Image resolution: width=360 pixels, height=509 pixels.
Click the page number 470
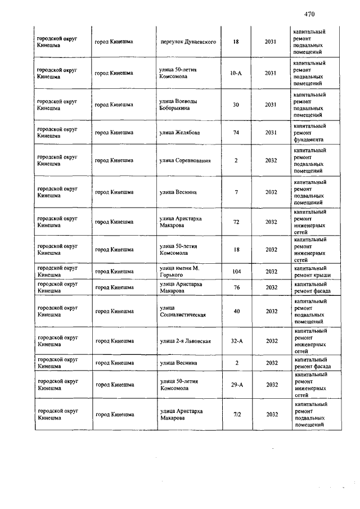[309, 14]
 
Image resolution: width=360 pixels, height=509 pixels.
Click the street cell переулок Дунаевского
[188, 42]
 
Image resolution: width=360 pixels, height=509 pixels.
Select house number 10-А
[236, 73]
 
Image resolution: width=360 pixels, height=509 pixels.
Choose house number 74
[236, 133]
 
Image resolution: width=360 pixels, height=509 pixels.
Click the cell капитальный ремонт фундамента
[309, 133]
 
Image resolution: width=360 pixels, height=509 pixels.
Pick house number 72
[236, 222]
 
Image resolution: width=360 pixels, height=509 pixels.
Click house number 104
[236, 272]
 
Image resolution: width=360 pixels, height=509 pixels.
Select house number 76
[236, 287]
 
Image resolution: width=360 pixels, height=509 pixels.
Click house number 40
[236, 311]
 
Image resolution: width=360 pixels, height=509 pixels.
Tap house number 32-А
[236, 341]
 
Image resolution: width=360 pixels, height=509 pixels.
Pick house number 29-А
[236, 385]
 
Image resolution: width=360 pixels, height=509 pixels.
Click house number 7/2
[236, 415]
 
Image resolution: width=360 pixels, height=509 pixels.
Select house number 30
[236, 105]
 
